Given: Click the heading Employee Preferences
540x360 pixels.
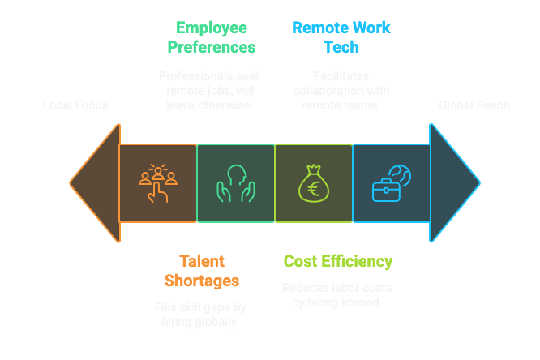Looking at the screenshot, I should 211,37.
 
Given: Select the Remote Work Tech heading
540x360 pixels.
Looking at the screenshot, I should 341,37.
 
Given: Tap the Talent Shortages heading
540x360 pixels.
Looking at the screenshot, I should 201,271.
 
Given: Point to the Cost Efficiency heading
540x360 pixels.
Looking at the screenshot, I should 337,261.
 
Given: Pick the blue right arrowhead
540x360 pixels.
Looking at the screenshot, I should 454,182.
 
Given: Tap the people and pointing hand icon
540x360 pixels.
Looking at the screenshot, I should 158,183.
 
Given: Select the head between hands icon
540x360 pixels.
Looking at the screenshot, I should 236,183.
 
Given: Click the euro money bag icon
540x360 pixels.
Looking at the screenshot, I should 314,183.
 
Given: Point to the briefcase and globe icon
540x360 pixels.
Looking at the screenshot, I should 391,183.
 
